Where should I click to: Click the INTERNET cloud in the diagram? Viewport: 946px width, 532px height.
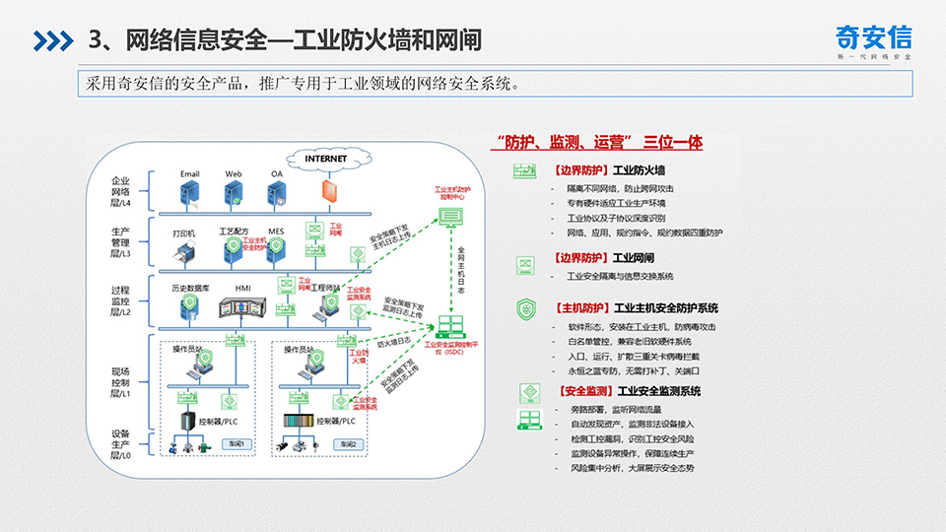(x=325, y=158)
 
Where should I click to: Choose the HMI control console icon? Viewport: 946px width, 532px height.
(x=243, y=307)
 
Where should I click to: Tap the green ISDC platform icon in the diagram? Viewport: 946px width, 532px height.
(x=454, y=325)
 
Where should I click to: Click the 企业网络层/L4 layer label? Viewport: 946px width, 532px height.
(x=121, y=192)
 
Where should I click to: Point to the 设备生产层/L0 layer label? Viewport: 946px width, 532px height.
(x=121, y=444)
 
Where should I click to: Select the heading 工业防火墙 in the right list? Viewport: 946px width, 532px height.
(x=642, y=169)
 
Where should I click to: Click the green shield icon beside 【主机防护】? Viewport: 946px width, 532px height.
(x=523, y=308)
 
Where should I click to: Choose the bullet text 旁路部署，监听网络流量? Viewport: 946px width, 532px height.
(x=618, y=408)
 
